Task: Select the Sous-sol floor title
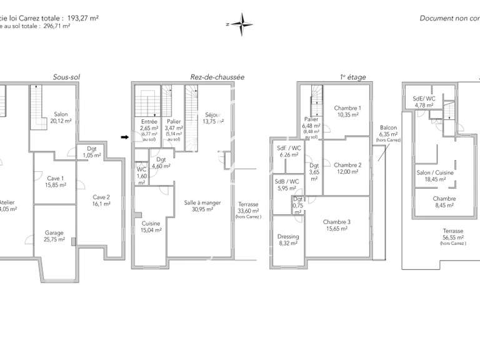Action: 66,77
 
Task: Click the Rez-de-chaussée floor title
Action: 217,77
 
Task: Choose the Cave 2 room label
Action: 101,200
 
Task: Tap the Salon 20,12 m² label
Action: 61,117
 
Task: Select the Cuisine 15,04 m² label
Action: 151,226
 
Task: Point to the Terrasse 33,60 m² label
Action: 248,209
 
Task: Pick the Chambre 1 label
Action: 346,111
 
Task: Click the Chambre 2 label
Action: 347,168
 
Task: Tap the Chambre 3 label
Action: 336,225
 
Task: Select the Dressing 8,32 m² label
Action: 288,240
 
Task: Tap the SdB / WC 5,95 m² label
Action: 286,184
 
